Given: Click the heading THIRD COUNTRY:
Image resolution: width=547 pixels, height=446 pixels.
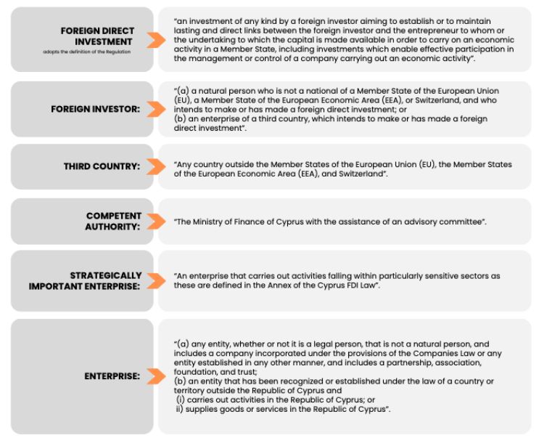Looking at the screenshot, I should [x=102, y=166].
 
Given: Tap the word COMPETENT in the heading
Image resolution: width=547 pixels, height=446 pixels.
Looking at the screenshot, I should [x=114, y=216].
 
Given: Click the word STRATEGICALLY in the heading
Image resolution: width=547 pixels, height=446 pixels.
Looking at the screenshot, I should [x=106, y=275].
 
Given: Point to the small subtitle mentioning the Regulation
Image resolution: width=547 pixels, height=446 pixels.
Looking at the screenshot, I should [x=93, y=52].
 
